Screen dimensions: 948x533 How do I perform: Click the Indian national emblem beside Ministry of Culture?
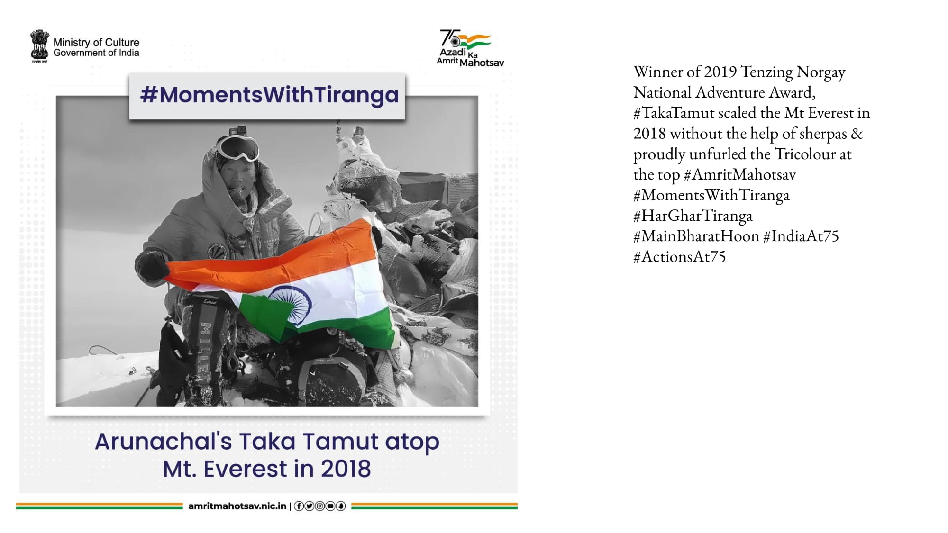coord(39,46)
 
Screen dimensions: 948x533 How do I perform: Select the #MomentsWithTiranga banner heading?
coord(269,94)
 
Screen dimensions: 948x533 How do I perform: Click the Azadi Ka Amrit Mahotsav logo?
coord(470,48)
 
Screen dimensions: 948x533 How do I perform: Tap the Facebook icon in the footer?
coord(299,506)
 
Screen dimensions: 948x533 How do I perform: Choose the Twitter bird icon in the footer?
coord(309,506)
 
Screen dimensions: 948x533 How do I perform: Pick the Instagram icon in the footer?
coord(319,506)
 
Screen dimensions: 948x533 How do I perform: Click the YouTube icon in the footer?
coord(330,506)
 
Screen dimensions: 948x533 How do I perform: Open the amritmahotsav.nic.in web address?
coord(237,506)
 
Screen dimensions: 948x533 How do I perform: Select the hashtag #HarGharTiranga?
coord(693,216)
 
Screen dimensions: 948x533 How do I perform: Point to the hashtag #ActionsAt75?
coord(679,257)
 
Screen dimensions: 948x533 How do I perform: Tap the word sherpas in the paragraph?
coord(823,134)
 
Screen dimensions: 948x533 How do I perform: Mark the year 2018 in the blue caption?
coord(346,469)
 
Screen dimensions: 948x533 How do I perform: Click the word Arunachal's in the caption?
coord(164,442)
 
